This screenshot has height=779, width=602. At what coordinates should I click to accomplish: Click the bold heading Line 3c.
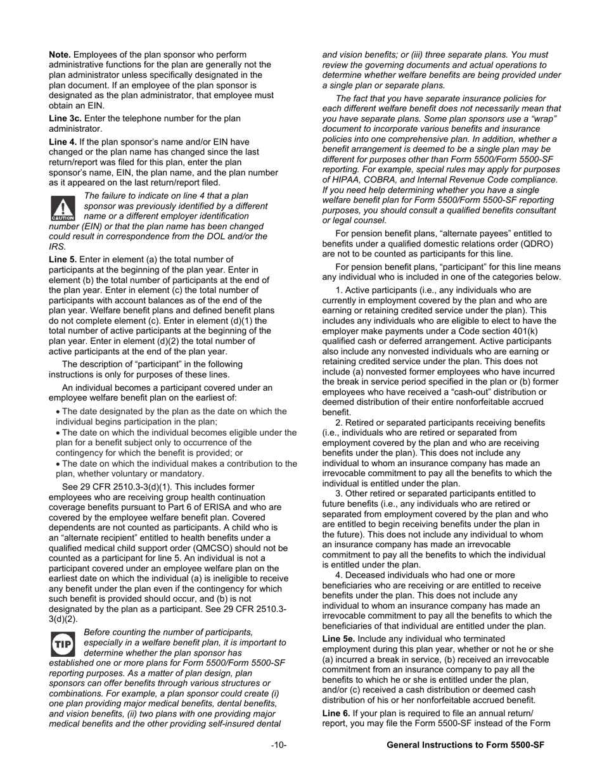65,118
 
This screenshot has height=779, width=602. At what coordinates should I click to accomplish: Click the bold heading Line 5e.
339,639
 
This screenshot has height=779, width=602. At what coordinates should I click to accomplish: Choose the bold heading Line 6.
336,713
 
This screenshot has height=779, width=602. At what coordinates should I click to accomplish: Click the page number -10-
278,745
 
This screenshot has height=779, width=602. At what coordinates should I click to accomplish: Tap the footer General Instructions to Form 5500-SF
465,745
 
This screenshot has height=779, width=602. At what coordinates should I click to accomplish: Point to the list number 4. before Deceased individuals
339,575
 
